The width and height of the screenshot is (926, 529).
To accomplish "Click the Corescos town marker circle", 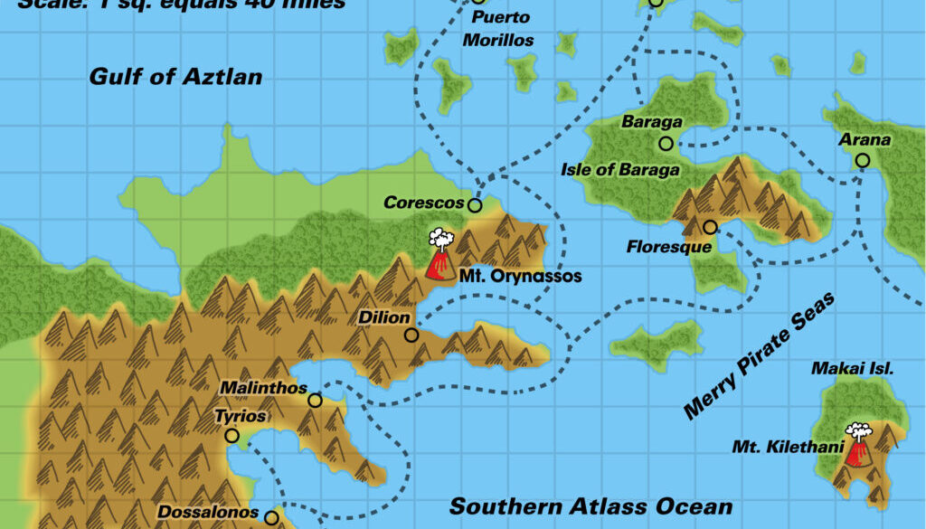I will click(475, 205).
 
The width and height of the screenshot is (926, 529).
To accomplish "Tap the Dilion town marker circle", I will click(411, 335).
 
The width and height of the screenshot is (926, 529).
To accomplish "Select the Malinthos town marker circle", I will click(315, 401).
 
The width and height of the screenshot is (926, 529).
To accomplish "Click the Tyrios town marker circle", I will click(231, 436).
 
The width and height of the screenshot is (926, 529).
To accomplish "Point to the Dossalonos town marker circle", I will click(271, 518).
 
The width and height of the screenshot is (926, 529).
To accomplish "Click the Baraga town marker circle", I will click(666, 143).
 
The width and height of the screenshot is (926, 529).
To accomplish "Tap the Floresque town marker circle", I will click(710, 227).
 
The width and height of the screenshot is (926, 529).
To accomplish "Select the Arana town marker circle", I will click(863, 160).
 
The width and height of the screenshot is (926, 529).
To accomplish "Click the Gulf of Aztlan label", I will click(175, 77).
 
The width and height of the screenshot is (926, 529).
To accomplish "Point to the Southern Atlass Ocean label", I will click(591, 506).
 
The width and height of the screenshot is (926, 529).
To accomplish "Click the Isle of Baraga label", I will click(620, 169).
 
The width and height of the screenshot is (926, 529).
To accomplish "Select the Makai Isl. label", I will click(853, 368).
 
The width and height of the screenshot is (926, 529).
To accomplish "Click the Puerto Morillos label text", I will click(498, 29).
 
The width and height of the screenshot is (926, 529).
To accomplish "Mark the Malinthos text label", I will click(262, 388).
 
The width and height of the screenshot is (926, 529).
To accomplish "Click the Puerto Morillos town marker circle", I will click(478, 2).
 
